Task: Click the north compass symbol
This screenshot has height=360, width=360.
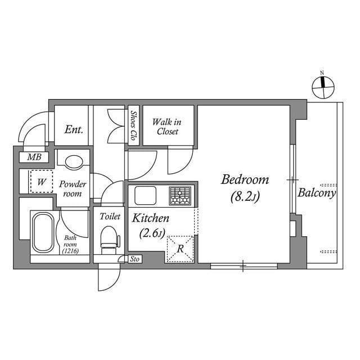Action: pos(322,85)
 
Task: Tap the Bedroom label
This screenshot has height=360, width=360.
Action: pos(245,181)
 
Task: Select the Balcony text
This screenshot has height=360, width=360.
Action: pos(317,193)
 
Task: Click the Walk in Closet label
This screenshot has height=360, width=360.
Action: pos(168,126)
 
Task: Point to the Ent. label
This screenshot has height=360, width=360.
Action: pos(74,129)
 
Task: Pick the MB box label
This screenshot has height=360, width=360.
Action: pos(34,157)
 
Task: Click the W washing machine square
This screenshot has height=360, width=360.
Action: pos(41,181)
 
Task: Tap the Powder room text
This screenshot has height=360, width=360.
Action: pos(73,188)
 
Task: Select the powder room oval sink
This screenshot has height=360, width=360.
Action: pos(73,162)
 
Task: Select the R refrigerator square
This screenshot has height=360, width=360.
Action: pos(180,248)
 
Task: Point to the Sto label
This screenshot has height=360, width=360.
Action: pos(134,259)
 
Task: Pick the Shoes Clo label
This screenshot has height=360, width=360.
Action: pos(134,125)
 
